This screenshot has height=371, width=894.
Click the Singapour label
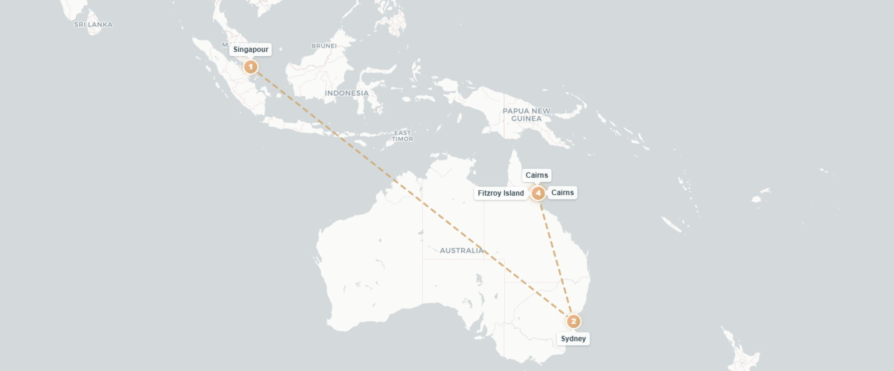pyautogui.click(x=251, y=50)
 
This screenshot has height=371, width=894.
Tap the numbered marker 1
pyautogui.click(x=251, y=67)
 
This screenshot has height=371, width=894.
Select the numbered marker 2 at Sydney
pyautogui.click(x=573, y=321)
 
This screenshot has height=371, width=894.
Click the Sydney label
pyautogui.click(x=573, y=338)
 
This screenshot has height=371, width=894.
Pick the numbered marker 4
pyautogui.click(x=538, y=193)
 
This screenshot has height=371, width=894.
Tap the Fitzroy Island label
pyautogui.click(x=501, y=193)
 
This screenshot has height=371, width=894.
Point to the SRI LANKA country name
pyautogui.click(x=93, y=25)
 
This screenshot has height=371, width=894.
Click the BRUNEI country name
pyautogui.click(x=324, y=46)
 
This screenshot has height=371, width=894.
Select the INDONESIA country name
pyautogui.click(x=346, y=93)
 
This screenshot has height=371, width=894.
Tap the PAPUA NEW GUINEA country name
pyautogui.click(x=526, y=114)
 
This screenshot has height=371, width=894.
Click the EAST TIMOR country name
pyautogui.click(x=402, y=136)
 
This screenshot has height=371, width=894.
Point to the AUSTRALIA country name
pyautogui.click(x=461, y=251)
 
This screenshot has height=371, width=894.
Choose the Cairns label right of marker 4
pyautogui.click(x=562, y=192)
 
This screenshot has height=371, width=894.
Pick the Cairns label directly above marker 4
pyautogui.click(x=536, y=175)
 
